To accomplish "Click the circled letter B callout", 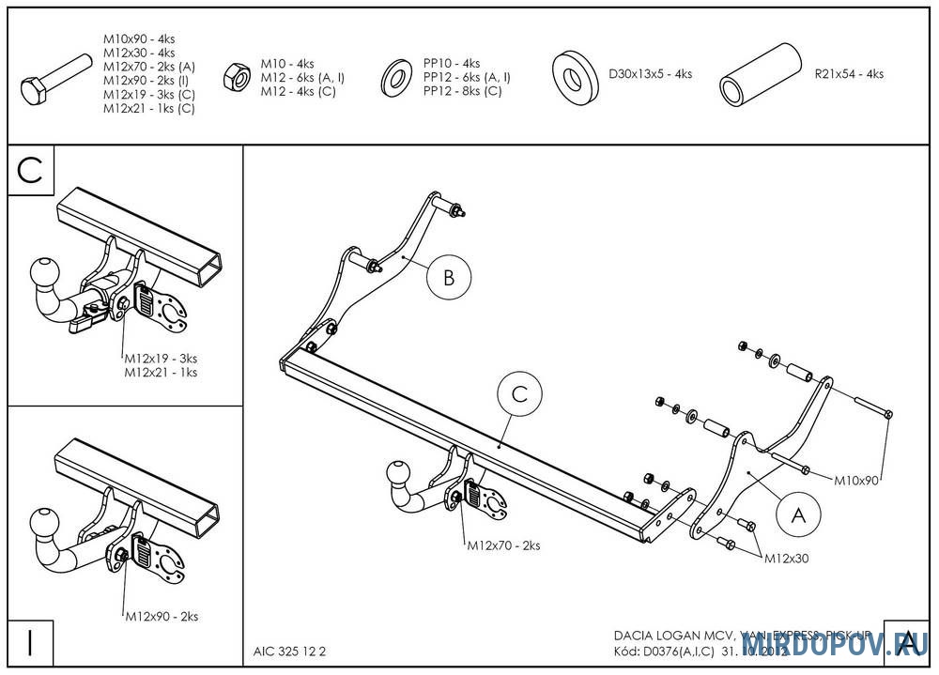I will pyautogui.click(x=448, y=278).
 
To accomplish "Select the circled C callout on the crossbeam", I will pyautogui.click(x=519, y=396).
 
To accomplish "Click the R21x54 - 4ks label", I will pyautogui.click(x=849, y=74).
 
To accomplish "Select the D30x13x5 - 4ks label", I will pyautogui.click(x=650, y=74).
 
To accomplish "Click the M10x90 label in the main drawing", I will pyautogui.click(x=856, y=481).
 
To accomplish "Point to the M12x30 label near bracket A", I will pyautogui.click(x=786, y=558).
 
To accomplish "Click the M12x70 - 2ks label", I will pyautogui.click(x=503, y=545).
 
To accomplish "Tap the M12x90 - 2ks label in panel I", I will pyautogui.click(x=162, y=617).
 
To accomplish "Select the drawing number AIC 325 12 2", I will pyautogui.click(x=290, y=650).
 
